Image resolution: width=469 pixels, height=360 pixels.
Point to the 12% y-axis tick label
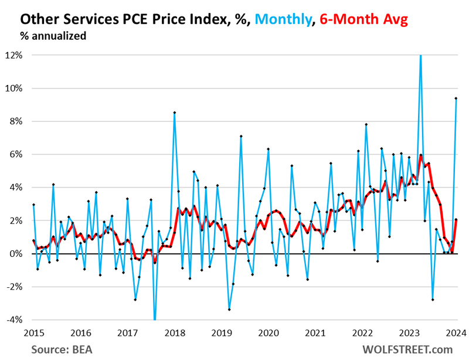[14, 55]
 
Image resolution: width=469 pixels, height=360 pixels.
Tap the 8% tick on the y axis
[16, 121]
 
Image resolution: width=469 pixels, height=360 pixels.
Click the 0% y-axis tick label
[16, 254]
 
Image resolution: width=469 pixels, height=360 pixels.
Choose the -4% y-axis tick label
[15, 320]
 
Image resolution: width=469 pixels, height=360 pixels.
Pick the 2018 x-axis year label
[174, 333]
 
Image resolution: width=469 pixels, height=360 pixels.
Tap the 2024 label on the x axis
[456, 333]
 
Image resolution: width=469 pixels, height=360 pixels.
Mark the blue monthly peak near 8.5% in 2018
[175, 113]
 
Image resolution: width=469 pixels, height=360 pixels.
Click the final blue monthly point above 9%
[456, 99]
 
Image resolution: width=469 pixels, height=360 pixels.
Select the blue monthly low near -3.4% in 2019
[229, 310]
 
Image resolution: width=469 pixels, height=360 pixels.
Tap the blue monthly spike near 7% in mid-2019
[241, 136]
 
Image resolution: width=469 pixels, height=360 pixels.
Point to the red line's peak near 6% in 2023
[421, 155]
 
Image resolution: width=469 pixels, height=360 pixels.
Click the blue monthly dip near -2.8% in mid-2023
[433, 300]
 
